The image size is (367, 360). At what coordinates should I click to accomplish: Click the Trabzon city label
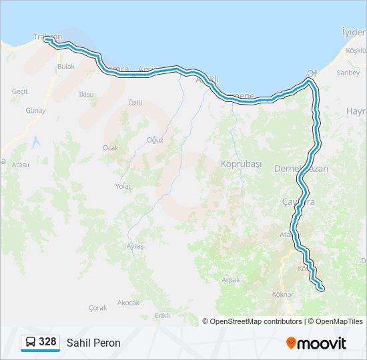tap(47, 37)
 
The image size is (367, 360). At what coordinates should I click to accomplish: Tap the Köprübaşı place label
tap(240, 163)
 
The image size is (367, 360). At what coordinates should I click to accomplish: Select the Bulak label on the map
tap(66, 67)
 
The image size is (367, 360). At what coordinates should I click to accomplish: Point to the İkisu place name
tap(86, 94)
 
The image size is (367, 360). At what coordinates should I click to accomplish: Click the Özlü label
tap(135, 103)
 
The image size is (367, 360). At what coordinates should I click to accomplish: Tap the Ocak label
tap(110, 147)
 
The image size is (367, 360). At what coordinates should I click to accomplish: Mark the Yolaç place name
tap(123, 186)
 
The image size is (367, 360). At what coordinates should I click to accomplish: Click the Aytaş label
tap(135, 246)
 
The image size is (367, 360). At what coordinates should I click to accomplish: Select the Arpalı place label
tap(230, 280)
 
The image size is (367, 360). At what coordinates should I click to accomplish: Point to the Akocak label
tap(128, 302)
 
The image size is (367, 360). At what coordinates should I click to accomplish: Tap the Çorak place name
tap(97, 308)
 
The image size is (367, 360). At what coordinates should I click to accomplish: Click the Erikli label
tap(162, 315)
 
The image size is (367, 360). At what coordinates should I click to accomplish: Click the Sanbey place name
tap(348, 73)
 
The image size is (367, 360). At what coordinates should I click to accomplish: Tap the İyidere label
tap(354, 32)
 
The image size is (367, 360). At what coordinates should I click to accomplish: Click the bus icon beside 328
tap(30, 342)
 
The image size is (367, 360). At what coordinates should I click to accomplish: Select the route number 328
tap(47, 342)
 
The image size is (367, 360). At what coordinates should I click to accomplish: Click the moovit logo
tap(316, 343)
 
